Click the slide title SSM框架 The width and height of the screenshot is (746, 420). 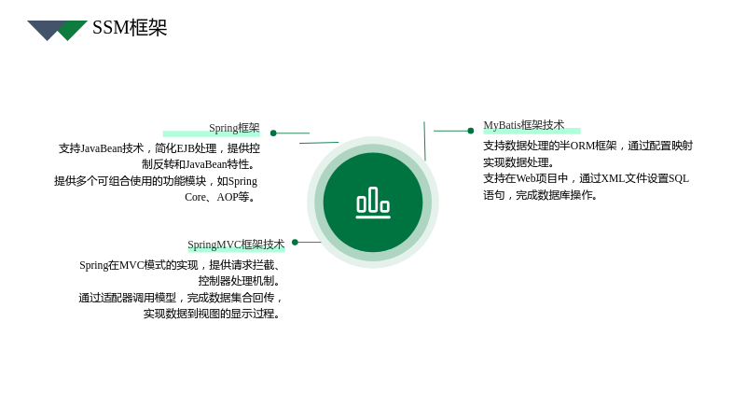pyautogui.click(x=130, y=28)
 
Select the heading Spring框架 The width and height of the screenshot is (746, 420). pyautogui.click(x=234, y=128)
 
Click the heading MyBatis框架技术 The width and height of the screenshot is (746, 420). pyautogui.click(x=524, y=125)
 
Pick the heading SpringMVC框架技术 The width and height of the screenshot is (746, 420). pyautogui.click(x=236, y=245)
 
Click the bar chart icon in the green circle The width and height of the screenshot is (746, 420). pyautogui.click(x=373, y=203)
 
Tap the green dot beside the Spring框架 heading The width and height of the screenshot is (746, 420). pyautogui.click(x=273, y=133)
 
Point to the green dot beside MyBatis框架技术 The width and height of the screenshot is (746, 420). pyautogui.click(x=471, y=131)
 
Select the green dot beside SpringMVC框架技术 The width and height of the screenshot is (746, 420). pyautogui.click(x=295, y=242)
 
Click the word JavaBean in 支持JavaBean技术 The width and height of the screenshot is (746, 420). pyautogui.click(x=102, y=148)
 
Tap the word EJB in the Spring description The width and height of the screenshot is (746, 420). pyautogui.click(x=186, y=148)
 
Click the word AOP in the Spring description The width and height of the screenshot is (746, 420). pyautogui.click(x=228, y=197)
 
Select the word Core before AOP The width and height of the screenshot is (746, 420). pyautogui.click(x=195, y=197)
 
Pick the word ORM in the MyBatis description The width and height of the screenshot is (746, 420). pyautogui.click(x=582, y=146)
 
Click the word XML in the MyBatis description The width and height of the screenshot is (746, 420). pyautogui.click(x=613, y=178)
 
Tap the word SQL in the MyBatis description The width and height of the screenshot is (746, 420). pyautogui.click(x=679, y=178)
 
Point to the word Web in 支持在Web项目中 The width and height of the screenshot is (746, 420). pyautogui.click(x=526, y=178)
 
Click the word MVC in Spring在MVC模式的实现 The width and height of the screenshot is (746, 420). pyautogui.click(x=131, y=265)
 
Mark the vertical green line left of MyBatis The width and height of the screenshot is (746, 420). pyautogui.click(x=424, y=141)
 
